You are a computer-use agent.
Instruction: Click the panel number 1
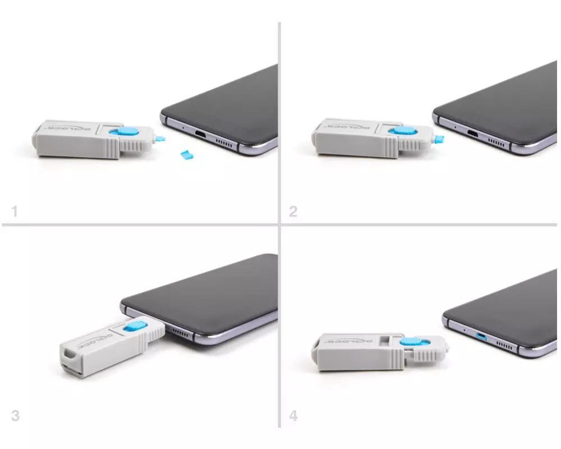tap(15, 211)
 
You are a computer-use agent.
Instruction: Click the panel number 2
tap(293, 211)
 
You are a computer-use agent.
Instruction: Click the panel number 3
tap(15, 416)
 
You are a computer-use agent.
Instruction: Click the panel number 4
tap(293, 416)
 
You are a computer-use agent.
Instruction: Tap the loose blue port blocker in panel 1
tap(187, 155)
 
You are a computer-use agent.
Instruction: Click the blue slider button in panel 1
tap(124, 131)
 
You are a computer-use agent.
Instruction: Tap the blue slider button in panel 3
tap(135, 326)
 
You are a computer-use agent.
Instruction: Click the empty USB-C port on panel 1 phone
tap(200, 135)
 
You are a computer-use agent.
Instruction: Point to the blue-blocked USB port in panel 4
tap(481, 336)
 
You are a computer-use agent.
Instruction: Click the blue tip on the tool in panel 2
tap(439, 139)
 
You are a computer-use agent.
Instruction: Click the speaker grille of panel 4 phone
tap(504, 346)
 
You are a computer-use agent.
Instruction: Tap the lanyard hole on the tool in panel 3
tap(68, 354)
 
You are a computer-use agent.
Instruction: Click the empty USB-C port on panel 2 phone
tap(472, 134)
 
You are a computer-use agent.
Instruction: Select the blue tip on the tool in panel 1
tap(160, 139)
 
